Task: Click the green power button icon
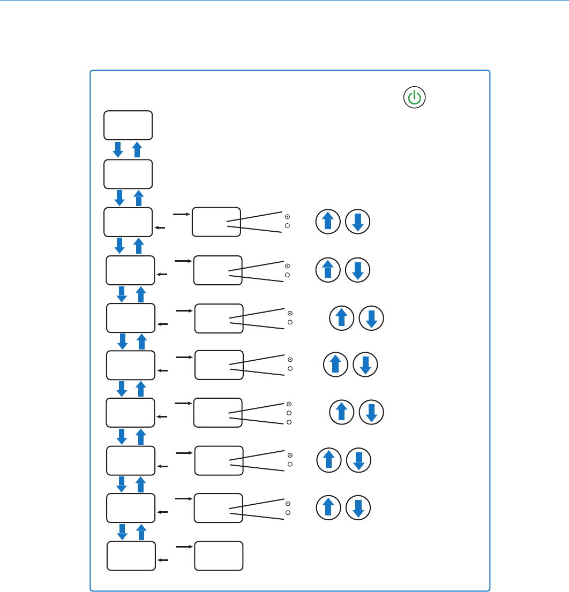pyautogui.click(x=415, y=98)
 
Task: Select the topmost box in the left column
pyautogui.click(x=128, y=125)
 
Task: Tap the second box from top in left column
pyautogui.click(x=128, y=173)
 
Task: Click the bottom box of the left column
pyautogui.click(x=131, y=556)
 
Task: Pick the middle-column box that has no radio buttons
pyautogui.click(x=219, y=556)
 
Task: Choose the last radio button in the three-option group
pyautogui.click(x=289, y=422)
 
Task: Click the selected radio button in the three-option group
pyautogui.click(x=289, y=404)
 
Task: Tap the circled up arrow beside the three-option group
pyautogui.click(x=341, y=413)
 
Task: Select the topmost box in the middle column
pyautogui.click(x=216, y=222)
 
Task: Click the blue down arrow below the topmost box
pyautogui.click(x=118, y=149)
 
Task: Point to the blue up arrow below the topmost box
pyautogui.click(x=137, y=149)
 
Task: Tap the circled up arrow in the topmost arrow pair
pyautogui.click(x=328, y=222)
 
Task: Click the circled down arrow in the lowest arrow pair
pyautogui.click(x=359, y=508)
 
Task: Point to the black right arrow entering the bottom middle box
pyautogui.click(x=183, y=547)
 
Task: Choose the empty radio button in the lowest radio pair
pyautogui.click(x=288, y=513)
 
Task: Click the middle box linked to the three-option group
pyautogui.click(x=218, y=413)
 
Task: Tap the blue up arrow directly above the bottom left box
pyautogui.click(x=141, y=532)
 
